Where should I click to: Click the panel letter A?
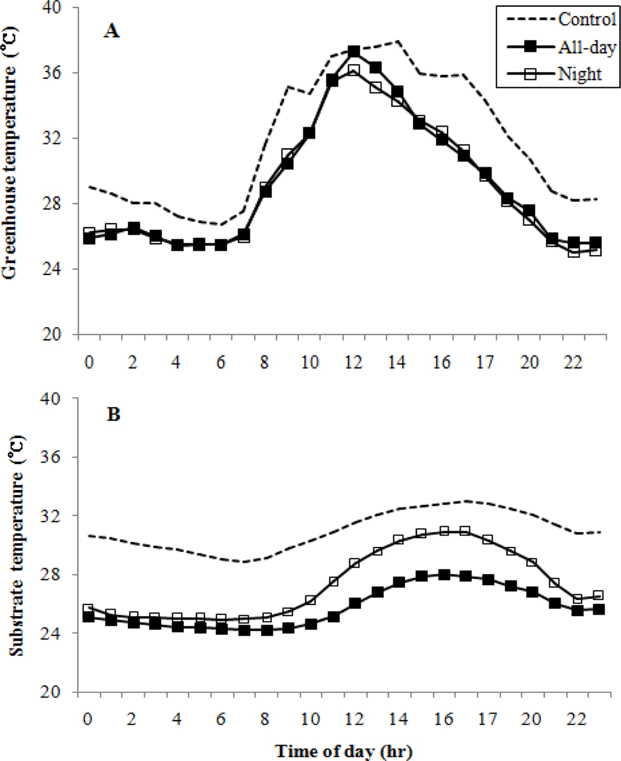[111, 31]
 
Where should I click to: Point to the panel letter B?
[113, 415]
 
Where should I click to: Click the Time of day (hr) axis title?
[344, 751]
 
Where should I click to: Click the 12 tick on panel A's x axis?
[353, 362]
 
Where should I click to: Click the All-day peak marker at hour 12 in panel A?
[354, 51]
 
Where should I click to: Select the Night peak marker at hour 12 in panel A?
[354, 70]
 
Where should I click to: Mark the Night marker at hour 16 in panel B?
[445, 530]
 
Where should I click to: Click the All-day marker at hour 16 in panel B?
[445, 575]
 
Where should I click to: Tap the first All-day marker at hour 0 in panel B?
[89, 617]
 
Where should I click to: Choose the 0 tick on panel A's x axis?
[89, 362]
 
